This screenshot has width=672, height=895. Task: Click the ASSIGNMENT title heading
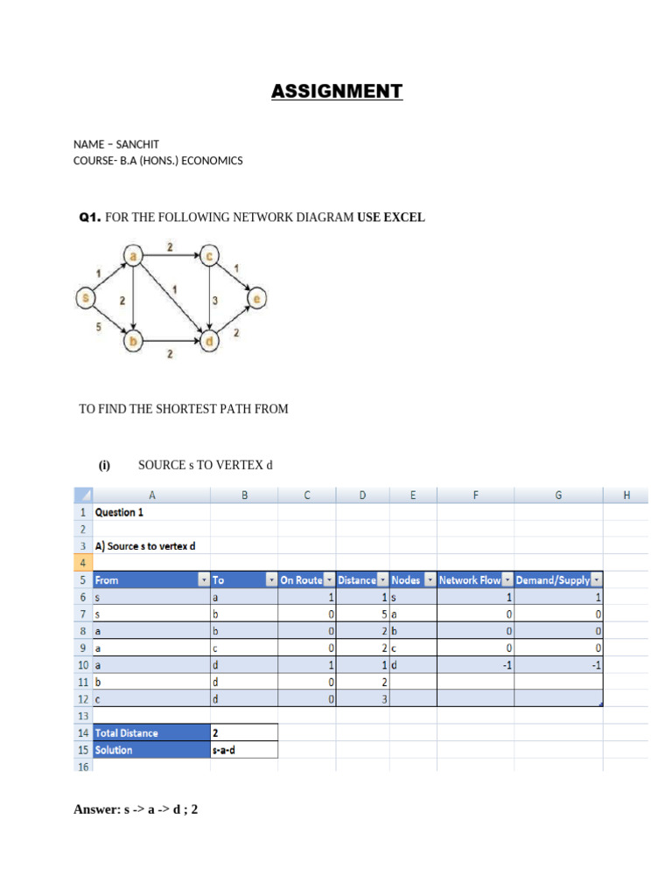[x=337, y=91]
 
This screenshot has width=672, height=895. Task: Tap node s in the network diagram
[x=85, y=299]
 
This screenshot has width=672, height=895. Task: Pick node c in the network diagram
[x=209, y=255]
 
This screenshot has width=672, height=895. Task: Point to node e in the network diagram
[x=256, y=299]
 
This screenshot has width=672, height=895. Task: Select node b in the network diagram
[x=133, y=342]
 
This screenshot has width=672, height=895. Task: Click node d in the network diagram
[x=209, y=342]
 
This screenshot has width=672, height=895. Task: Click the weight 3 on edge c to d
[x=214, y=301]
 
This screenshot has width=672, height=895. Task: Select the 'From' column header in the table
[x=107, y=579]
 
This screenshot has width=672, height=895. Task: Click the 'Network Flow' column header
[x=469, y=579]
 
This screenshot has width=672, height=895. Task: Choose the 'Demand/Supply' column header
[x=552, y=579]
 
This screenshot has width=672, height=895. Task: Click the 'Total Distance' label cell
[x=126, y=732]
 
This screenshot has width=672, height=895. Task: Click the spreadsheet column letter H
[x=626, y=496]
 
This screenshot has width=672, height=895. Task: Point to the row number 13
[x=83, y=716]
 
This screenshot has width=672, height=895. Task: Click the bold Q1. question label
[x=91, y=218]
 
